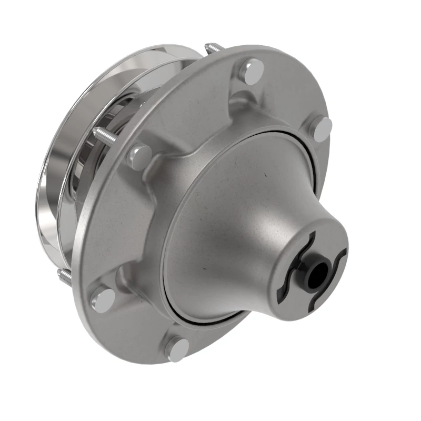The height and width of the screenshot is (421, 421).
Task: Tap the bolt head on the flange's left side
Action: [140, 156]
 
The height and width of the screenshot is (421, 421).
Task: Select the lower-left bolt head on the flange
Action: [103, 299]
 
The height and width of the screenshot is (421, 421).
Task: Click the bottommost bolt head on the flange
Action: [177, 348]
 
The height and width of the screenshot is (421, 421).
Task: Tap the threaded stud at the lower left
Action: [64, 276]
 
